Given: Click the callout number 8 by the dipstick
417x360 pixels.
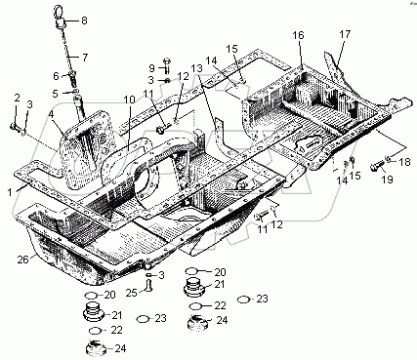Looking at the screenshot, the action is coord(84,20).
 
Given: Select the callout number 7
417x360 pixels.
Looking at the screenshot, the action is coord(85,58).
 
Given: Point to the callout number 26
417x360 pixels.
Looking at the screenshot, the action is coord(23,260).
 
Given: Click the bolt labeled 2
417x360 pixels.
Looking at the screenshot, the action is coord(15,127).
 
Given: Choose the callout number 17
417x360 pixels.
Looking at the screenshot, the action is coord(345,34).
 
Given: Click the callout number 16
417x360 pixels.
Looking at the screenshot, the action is coord(298,35).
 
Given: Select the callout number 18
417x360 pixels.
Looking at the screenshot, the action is coord(404,162).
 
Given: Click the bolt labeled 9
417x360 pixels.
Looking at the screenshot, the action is coord(166,64).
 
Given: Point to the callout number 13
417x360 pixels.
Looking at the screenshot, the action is coord(196,68).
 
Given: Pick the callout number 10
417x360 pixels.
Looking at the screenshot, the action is coord(129,100).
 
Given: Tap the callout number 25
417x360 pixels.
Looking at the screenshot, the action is coord(132,293).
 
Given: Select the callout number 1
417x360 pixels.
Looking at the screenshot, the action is coord(10,192).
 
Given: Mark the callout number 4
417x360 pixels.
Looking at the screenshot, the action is coord(51,115).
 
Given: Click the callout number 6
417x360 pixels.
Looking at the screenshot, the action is coord(56,76).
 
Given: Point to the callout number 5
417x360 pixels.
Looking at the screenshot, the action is coord(55,94).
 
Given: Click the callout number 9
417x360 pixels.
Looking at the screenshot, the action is coord(152,68).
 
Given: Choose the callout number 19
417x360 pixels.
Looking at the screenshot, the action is coord(388,180).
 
